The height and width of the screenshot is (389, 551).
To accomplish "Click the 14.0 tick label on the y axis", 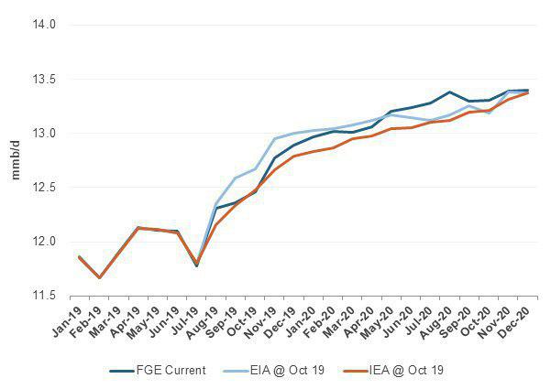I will point(45,25).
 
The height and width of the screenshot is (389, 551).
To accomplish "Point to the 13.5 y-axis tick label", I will point(45,80).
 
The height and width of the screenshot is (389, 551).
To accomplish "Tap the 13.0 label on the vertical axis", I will point(45,134).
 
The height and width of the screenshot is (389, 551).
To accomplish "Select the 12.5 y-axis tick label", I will point(45,188).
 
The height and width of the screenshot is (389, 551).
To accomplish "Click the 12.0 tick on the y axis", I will point(45,242).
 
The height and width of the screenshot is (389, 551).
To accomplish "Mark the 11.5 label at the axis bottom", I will point(45,296).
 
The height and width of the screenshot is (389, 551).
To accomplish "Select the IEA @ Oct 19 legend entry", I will point(393,371).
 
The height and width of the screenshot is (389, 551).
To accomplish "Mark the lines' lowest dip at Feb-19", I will point(99,277).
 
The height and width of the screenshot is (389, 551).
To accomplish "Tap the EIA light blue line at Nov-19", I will point(274,139).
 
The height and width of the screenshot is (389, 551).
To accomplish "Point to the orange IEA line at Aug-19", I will point(215,225).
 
